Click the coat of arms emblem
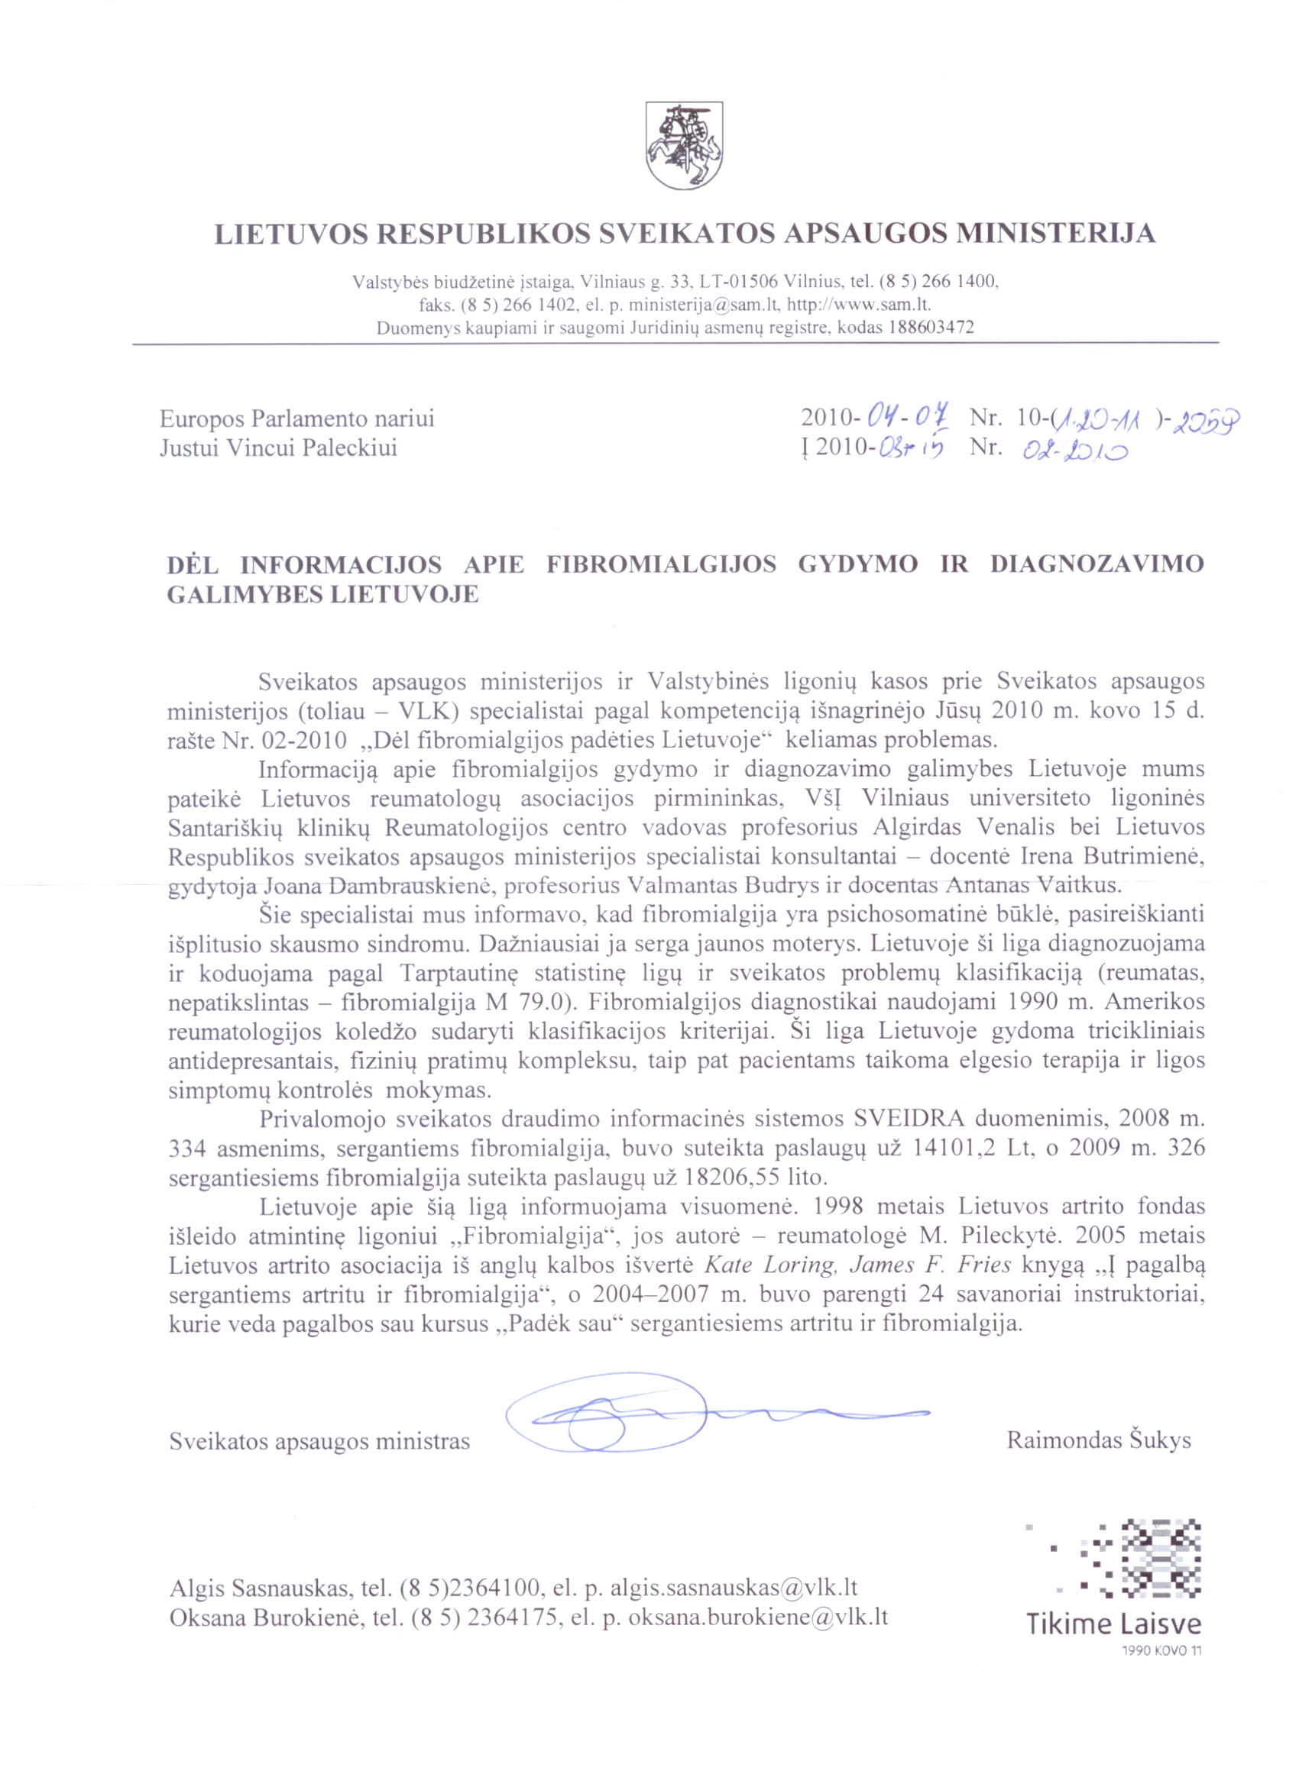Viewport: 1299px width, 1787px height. pyautogui.click(x=684, y=145)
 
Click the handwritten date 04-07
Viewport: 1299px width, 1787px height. pyautogui.click(x=907, y=415)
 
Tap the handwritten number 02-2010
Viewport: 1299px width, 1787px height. pyautogui.click(x=1074, y=451)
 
